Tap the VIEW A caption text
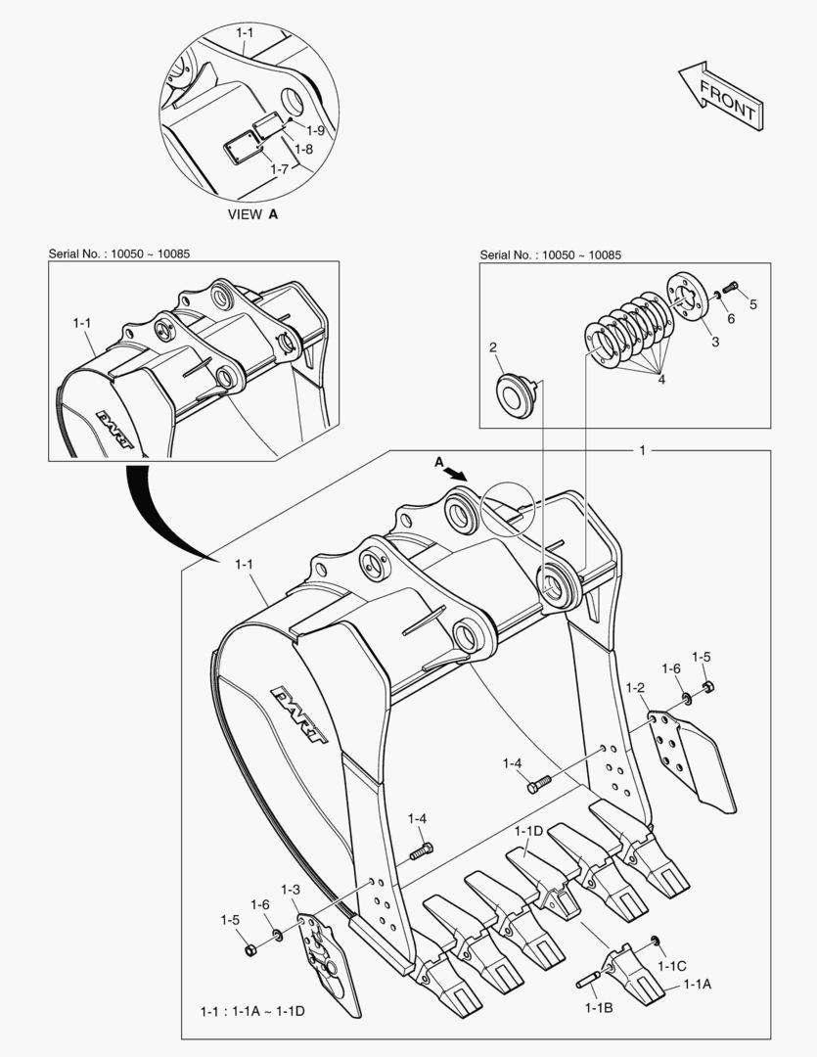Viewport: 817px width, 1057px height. [x=252, y=214]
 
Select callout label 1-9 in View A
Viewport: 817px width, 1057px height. [x=315, y=130]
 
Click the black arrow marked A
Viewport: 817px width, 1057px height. [x=453, y=471]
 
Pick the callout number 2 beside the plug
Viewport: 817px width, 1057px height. [x=493, y=347]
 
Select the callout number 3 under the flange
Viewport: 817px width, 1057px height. [x=714, y=342]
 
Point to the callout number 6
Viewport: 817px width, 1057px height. [x=730, y=317]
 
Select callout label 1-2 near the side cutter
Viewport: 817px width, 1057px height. [x=635, y=689]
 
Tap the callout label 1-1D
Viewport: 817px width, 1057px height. [x=527, y=831]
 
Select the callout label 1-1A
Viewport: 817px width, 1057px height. [x=697, y=984]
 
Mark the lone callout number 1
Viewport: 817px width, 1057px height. [x=642, y=450]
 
